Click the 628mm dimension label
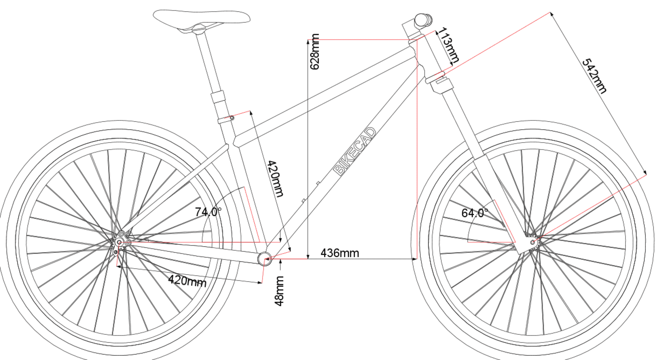315,52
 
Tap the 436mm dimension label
340,253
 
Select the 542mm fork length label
595,76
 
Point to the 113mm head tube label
448,45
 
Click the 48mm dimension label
279,291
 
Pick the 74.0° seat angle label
208,212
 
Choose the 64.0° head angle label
475,213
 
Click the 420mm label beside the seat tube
275,179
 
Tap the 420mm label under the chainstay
187,281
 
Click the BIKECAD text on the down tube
355,151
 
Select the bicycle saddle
202,20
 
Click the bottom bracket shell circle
265,259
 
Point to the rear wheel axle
119,242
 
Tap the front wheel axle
533,242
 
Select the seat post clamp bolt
231,118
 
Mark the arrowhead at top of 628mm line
308,42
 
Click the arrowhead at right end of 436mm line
414,259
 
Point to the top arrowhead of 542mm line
552,15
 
